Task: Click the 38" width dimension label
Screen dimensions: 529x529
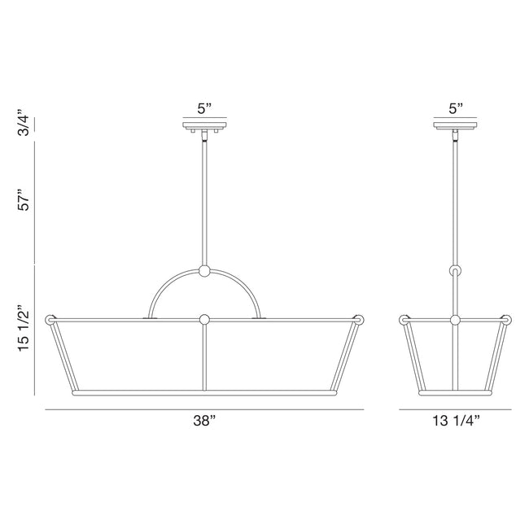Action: [x=204, y=421]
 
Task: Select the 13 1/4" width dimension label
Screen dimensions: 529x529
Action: [x=456, y=421]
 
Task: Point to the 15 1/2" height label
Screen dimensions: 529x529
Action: [x=24, y=329]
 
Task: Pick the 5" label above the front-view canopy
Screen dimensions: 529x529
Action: [x=204, y=108]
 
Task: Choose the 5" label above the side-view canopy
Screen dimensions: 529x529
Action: [x=456, y=108]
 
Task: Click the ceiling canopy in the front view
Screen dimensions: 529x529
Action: [x=205, y=126]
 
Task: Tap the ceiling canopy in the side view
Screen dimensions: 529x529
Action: [x=456, y=126]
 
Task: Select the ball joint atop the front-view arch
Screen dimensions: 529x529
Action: [x=204, y=271]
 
